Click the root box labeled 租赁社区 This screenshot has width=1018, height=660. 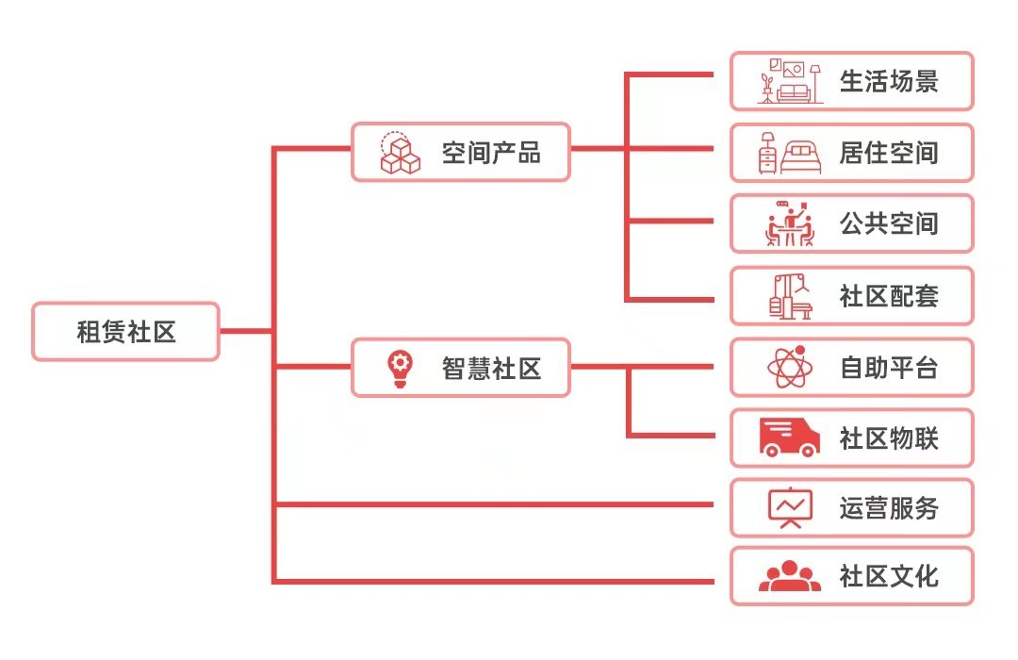click(125, 332)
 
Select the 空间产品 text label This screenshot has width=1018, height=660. click(491, 152)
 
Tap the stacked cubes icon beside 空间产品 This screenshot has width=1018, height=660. click(400, 153)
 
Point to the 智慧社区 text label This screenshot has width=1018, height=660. click(491, 368)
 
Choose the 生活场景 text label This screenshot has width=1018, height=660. click(889, 81)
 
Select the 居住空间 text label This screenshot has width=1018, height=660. click(889, 153)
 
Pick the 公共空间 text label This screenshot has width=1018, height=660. click(889, 224)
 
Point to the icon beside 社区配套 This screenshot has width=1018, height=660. click(789, 296)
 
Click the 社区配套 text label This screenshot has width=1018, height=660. click(889, 296)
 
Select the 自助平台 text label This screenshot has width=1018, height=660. click(889, 368)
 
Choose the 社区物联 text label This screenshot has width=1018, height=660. click(889, 438)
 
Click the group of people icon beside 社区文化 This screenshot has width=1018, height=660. click(789, 576)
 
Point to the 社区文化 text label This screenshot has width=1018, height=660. click(889, 576)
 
